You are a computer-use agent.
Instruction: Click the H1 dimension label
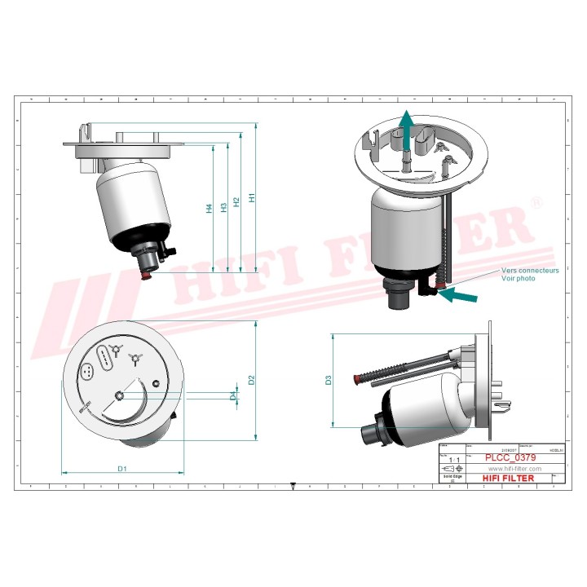[x=254, y=198]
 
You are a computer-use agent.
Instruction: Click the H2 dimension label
[x=236, y=201]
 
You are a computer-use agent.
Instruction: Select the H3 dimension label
[x=224, y=206]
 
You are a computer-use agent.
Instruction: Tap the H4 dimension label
[x=210, y=209]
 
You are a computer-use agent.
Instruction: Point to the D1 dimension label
[x=122, y=469]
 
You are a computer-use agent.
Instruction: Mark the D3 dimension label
[x=329, y=380]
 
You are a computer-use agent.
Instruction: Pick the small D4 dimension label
[x=233, y=395]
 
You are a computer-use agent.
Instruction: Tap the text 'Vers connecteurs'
[x=530, y=270]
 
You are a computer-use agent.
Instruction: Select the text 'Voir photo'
[x=519, y=278]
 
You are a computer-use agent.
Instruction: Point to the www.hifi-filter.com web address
[x=514, y=469]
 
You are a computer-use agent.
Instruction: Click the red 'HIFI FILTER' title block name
[x=509, y=479]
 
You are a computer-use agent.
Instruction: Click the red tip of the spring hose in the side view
[x=356, y=380]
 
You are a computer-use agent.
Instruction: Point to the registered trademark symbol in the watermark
[x=536, y=202]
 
